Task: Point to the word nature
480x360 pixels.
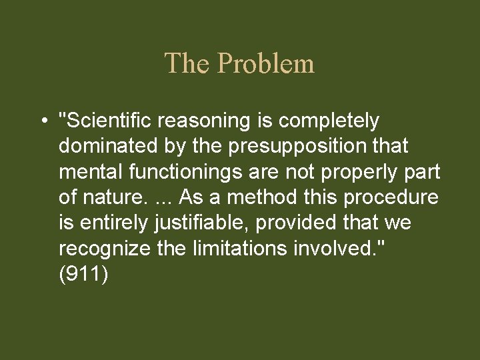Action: tap(111, 197)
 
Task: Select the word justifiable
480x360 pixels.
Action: tap(195, 223)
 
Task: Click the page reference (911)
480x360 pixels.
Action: tap(82, 274)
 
